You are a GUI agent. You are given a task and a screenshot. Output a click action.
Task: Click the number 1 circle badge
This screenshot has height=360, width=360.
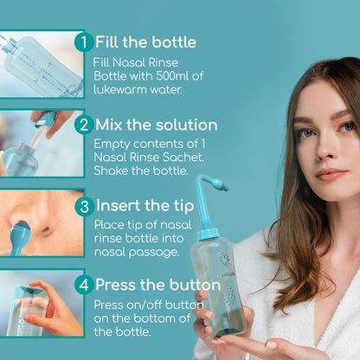point(82,42)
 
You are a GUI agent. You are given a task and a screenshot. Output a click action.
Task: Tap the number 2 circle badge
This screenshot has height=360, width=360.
point(84,125)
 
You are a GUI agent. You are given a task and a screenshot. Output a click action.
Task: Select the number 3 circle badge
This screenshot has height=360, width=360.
point(84,206)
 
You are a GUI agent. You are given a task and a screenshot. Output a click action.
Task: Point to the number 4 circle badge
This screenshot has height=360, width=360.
point(82,285)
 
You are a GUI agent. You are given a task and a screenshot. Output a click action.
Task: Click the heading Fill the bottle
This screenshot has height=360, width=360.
point(145,42)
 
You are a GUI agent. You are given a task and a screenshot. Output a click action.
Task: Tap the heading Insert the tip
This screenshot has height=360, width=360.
point(144,206)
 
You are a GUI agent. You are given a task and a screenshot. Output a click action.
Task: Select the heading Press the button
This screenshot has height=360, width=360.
point(157,285)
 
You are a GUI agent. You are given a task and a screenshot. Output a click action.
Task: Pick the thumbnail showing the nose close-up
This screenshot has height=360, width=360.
point(41,223)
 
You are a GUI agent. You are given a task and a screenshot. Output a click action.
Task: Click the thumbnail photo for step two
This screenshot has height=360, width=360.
point(41,143)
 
